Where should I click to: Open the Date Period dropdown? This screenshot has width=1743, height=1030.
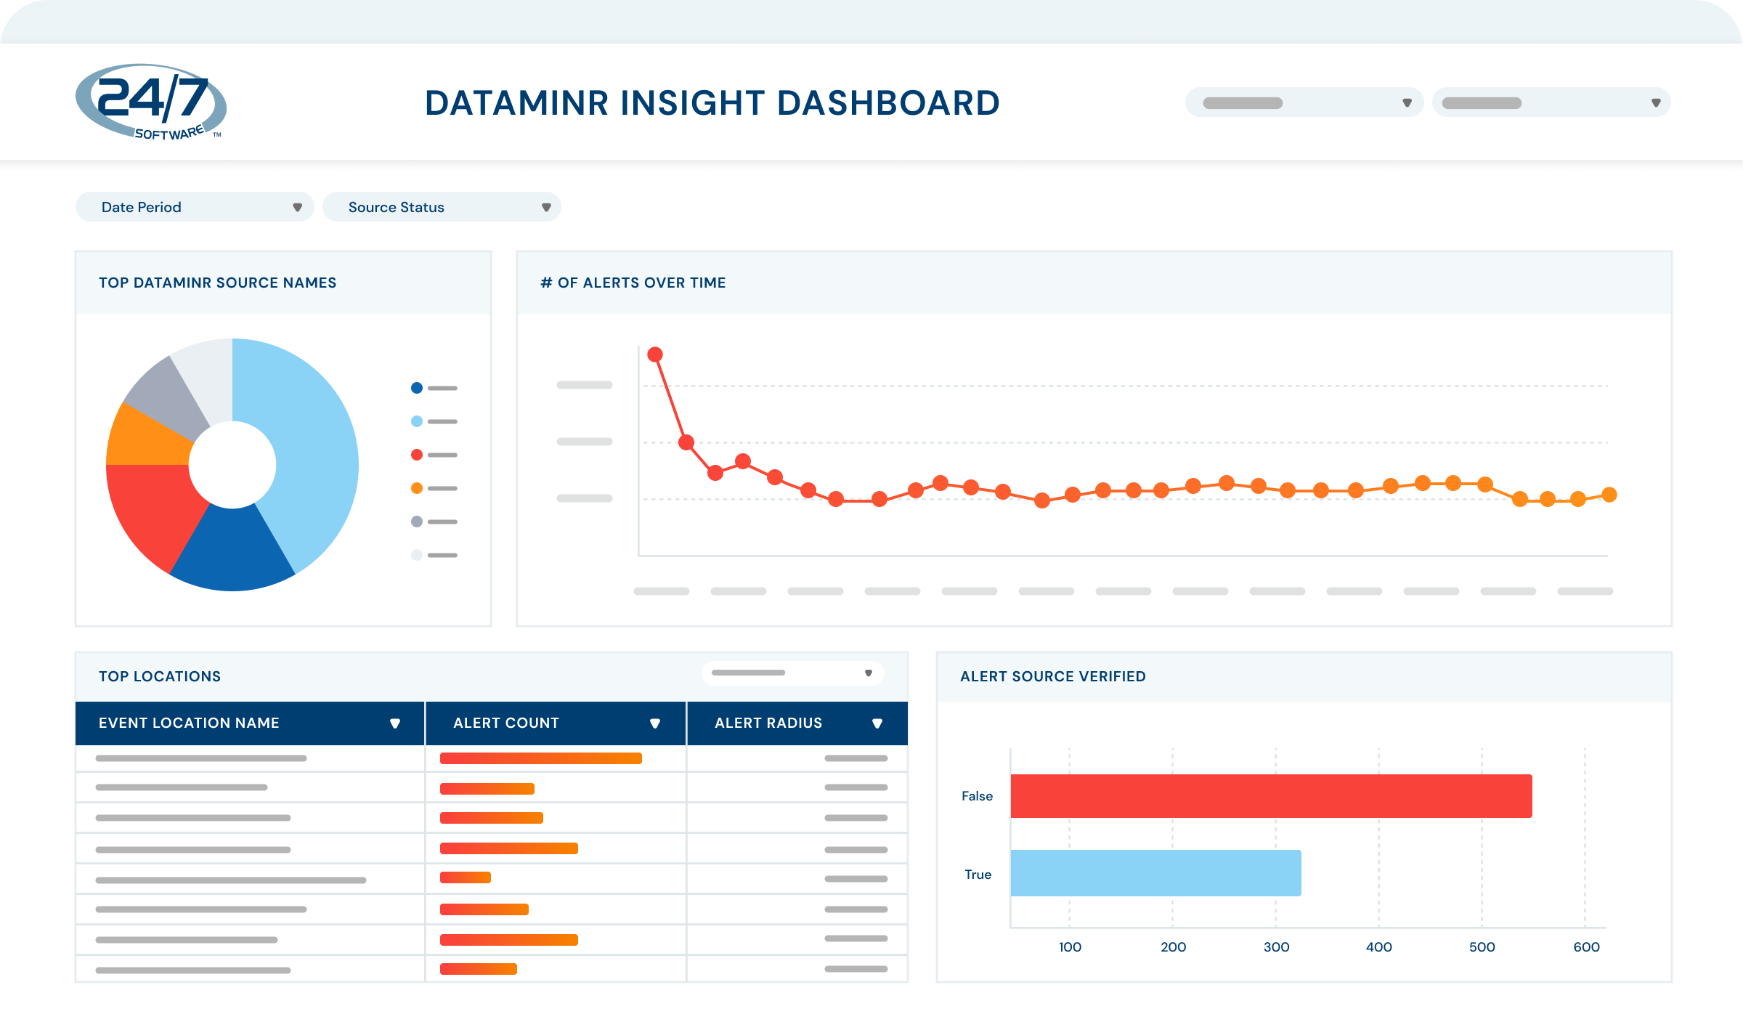195,207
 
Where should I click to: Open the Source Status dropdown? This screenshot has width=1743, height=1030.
442,207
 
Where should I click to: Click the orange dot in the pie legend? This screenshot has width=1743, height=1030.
417,488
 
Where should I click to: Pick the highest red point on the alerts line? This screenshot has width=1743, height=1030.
655,354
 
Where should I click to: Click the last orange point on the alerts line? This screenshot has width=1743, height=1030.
1609,495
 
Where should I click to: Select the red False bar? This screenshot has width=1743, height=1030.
1271,796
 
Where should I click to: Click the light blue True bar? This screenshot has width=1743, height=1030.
1155,873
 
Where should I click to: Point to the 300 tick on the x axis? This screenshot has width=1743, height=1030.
1276,946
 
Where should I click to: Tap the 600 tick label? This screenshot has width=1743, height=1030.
1586,946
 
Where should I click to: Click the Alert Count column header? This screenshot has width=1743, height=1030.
506,723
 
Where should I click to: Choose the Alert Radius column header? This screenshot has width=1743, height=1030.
768,723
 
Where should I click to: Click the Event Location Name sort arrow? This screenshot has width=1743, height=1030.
395,723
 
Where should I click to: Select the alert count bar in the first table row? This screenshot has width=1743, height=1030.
540,758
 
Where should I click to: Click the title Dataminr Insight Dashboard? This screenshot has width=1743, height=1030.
712,102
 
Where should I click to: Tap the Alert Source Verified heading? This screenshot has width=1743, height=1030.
1052,676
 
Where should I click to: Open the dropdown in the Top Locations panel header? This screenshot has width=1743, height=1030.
792,673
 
